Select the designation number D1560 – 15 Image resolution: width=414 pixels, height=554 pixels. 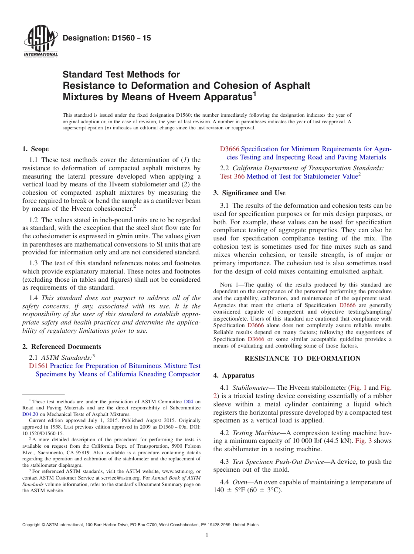click(107, 38)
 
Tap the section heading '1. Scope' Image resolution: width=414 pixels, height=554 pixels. click(36, 149)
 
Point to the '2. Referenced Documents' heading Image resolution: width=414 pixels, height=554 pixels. click(62, 347)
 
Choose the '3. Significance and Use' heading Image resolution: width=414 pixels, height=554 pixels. click(249, 193)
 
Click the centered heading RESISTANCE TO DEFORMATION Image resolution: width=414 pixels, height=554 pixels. click(302, 358)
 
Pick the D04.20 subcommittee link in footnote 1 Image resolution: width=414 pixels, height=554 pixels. click(30, 414)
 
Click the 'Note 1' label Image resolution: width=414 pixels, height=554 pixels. click(231, 285)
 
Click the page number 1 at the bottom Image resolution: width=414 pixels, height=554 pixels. click(207, 535)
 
